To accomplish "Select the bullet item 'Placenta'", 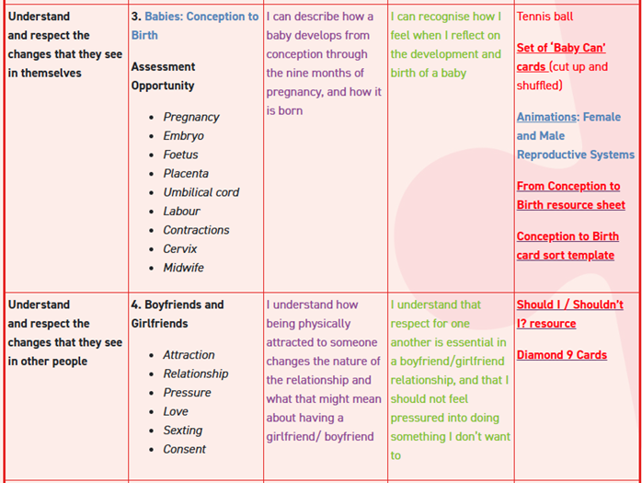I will [x=186, y=173].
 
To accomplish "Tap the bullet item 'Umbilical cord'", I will [x=201, y=192].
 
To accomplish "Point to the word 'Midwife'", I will [x=183, y=268].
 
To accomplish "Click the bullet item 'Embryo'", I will [x=183, y=136].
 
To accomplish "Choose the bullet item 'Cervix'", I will [x=180, y=248].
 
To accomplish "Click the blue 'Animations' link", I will [x=546, y=117].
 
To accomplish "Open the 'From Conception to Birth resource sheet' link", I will [x=569, y=195].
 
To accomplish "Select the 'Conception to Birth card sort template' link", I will [x=567, y=246].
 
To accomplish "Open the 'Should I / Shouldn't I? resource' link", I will [x=569, y=314].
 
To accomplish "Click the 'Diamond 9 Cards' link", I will [x=561, y=355].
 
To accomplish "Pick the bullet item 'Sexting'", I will [x=182, y=431].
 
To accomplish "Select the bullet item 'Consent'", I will [x=184, y=449].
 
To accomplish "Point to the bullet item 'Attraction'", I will [x=189, y=355].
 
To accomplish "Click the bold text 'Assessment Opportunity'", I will [x=163, y=75].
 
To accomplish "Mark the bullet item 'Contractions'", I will [x=196, y=230].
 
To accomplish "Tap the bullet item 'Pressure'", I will [x=187, y=393].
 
